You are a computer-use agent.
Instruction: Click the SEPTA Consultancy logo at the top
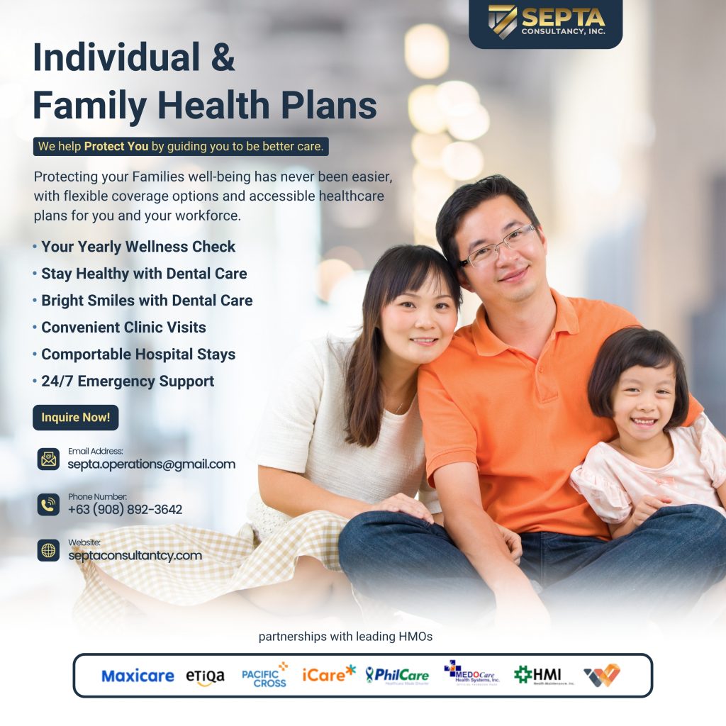(x=545, y=22)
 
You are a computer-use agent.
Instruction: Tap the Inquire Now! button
(x=75, y=418)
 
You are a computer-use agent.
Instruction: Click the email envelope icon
(x=48, y=459)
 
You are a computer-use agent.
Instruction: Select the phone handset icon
(x=48, y=505)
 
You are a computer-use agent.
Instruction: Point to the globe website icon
(x=48, y=550)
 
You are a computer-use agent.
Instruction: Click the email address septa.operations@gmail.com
(x=151, y=464)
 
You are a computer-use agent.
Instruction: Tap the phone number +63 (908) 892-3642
(x=125, y=510)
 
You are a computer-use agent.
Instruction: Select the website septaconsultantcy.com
(x=135, y=555)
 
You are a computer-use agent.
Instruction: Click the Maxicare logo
(x=138, y=676)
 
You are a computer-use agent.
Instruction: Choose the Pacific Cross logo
(x=264, y=675)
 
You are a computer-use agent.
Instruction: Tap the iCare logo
(x=328, y=674)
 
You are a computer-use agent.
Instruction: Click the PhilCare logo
(x=397, y=675)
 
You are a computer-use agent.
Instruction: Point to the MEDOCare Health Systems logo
(x=471, y=672)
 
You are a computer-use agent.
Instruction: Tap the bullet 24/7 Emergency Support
(x=127, y=381)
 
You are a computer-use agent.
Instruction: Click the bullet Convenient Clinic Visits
(x=123, y=328)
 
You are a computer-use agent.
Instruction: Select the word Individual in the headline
(x=116, y=57)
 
